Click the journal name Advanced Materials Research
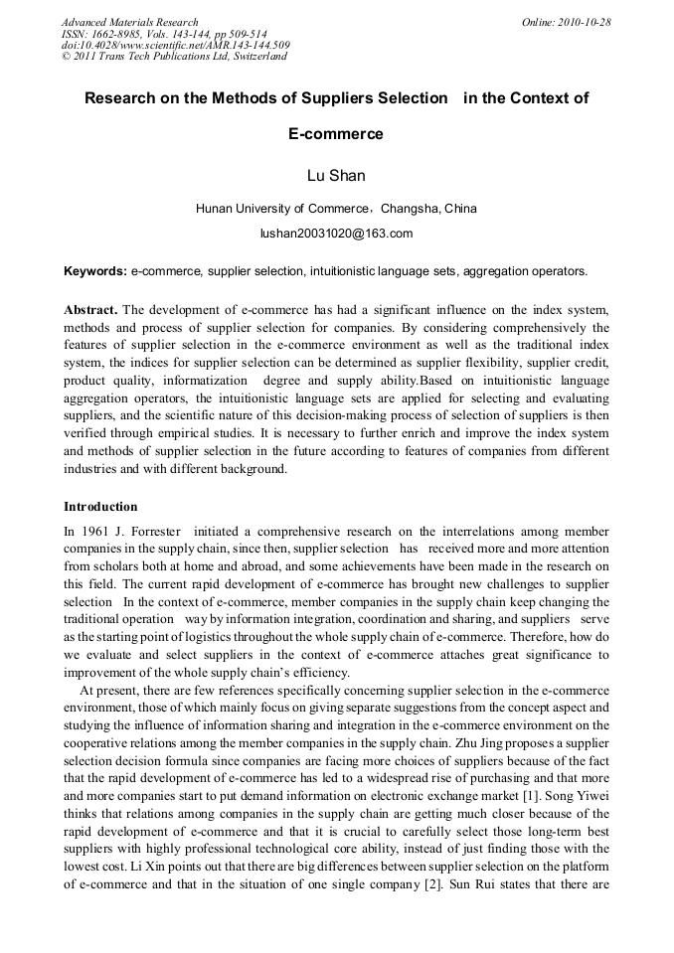(x=129, y=22)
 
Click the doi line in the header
(x=175, y=45)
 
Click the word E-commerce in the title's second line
(x=336, y=133)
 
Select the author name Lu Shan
(x=336, y=176)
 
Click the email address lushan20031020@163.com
(x=336, y=234)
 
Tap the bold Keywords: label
(x=94, y=270)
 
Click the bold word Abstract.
(x=91, y=310)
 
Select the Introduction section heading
(x=100, y=506)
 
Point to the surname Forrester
(x=153, y=532)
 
